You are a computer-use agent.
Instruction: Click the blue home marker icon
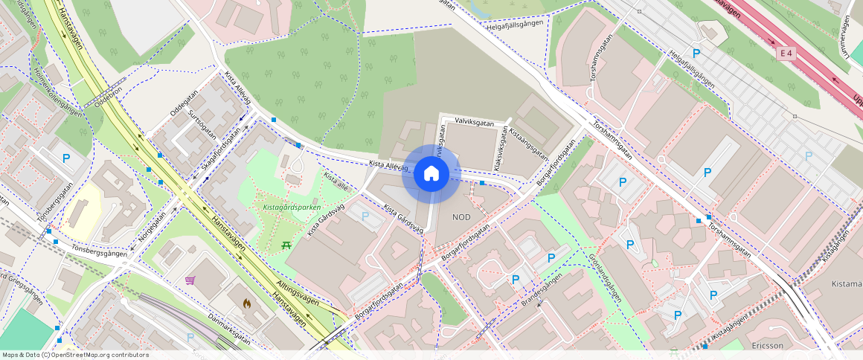point(431,174)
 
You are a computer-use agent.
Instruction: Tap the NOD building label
point(461,216)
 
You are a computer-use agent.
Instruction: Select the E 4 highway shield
point(786,54)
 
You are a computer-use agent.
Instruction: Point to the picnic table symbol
point(286,244)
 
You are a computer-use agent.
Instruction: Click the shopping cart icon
point(190,280)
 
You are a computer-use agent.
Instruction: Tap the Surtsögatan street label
point(202,124)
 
